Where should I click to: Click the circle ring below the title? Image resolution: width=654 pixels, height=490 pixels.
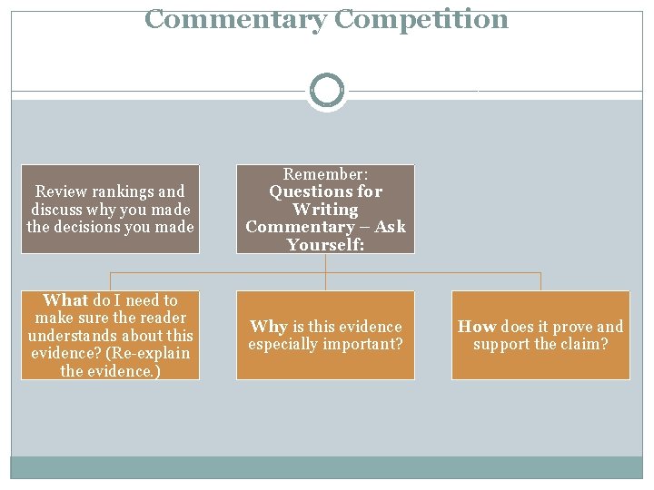pos(326,91)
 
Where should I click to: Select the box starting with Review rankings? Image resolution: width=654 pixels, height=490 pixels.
pos(110,209)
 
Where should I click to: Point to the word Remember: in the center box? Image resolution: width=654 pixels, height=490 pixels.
pos(325,173)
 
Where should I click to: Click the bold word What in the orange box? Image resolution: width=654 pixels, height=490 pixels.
pos(65,300)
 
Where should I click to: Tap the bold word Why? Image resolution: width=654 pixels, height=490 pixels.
pos(268,327)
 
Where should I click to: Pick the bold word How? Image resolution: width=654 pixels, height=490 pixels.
pos(477,327)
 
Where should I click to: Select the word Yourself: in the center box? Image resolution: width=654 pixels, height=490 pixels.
pos(325,245)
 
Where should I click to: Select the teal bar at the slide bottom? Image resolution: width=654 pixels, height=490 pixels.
pos(326,466)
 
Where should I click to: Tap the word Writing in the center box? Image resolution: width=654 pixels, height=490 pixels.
pos(325,210)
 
